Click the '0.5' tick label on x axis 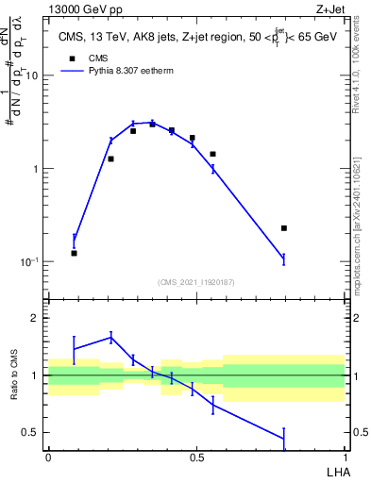pos(195,458)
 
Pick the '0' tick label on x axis pos(47,458)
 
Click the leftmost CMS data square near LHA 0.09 pos(75,253)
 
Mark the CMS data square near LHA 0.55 pos(213,154)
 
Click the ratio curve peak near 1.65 pos(110,337)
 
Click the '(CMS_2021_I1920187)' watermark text pos(195,282)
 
